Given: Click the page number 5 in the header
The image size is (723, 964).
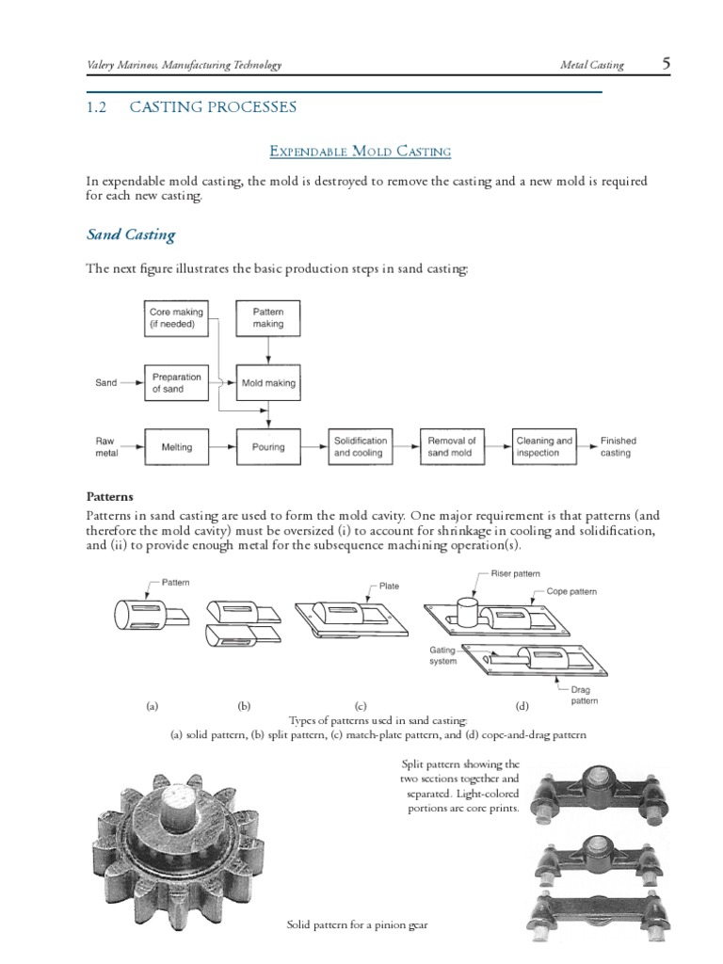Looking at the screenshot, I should (x=666, y=64).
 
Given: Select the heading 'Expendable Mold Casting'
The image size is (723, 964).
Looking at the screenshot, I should (x=361, y=151).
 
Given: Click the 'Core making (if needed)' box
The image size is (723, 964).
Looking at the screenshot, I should (x=175, y=318).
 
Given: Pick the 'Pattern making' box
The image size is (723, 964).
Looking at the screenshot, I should (x=268, y=318).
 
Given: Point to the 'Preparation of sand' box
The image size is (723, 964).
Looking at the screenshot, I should (x=175, y=383).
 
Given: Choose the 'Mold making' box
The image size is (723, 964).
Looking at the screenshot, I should (x=268, y=383).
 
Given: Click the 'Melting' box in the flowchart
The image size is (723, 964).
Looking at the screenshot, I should (x=175, y=447).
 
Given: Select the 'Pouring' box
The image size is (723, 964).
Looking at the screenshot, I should (x=268, y=447).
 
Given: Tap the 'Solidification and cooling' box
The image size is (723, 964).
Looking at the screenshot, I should (x=360, y=447).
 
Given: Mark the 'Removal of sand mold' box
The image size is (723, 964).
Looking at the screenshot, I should (x=451, y=447).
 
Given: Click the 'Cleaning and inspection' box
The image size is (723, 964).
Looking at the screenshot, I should (x=544, y=447).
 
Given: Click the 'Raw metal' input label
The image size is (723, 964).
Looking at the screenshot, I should (x=104, y=447).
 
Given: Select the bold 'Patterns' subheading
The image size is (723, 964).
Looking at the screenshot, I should (x=110, y=496).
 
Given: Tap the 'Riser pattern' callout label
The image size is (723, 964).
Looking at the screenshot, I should (x=515, y=573).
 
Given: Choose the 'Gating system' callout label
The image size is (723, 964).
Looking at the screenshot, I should (x=443, y=655).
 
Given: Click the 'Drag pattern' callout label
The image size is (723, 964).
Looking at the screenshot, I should (x=585, y=696).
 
